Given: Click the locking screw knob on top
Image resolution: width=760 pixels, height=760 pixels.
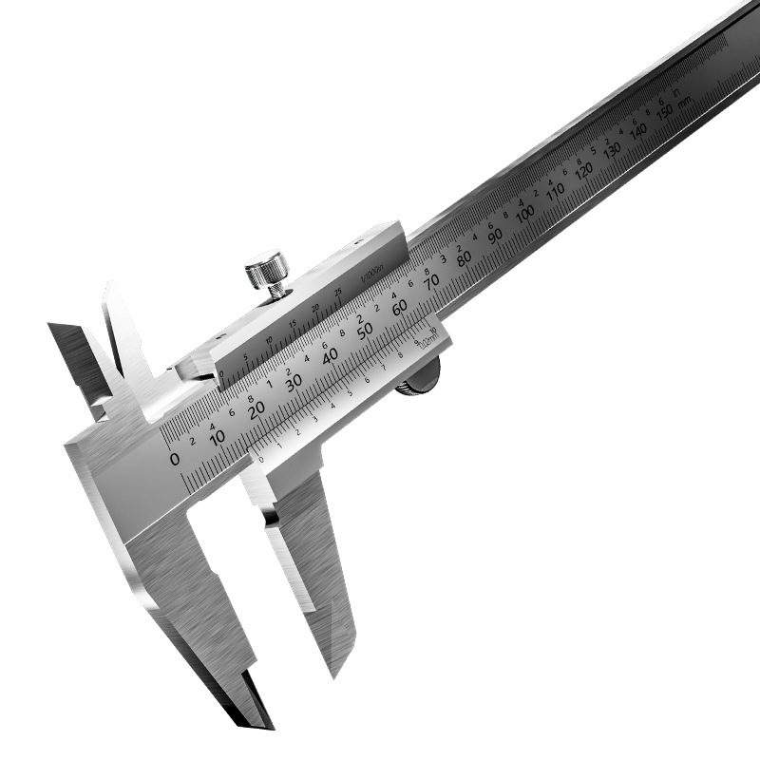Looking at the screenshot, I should coord(268,270).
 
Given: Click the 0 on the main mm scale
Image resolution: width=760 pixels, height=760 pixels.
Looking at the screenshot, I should coord(174,459).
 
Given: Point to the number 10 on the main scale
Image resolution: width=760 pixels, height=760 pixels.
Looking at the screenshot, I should coord(218,436).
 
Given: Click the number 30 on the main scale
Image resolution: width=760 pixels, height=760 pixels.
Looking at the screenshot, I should coord(294,381).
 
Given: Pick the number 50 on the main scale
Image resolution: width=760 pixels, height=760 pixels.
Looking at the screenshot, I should coord(365,331).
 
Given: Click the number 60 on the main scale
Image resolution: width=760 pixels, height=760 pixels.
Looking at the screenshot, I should coord(399,305).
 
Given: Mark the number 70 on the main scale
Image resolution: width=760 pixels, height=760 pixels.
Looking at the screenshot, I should coord(431,281).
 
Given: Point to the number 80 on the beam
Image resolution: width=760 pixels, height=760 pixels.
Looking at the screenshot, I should coord(464,258).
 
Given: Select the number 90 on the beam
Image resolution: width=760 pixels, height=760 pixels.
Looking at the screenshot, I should coord(495,236).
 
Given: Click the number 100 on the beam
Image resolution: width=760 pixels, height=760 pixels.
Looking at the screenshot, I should coord(524,214).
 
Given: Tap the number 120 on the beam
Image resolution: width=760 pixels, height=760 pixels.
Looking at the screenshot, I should coord(583,170).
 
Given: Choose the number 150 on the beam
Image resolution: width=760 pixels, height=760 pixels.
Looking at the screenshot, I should coord(665,112).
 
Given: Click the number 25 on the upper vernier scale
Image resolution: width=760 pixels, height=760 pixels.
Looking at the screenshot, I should coord(338,292).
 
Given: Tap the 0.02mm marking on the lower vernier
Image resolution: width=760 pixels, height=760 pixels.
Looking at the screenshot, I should coord(429,338).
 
